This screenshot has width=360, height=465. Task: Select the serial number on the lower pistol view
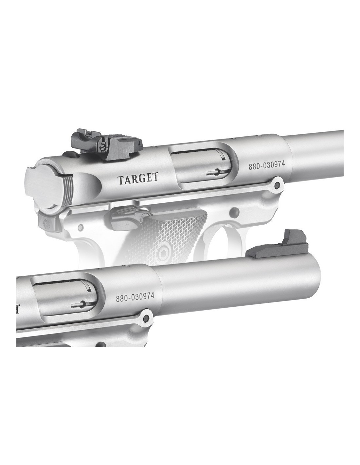[135, 297]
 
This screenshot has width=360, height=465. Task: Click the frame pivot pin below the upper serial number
[277, 184]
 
